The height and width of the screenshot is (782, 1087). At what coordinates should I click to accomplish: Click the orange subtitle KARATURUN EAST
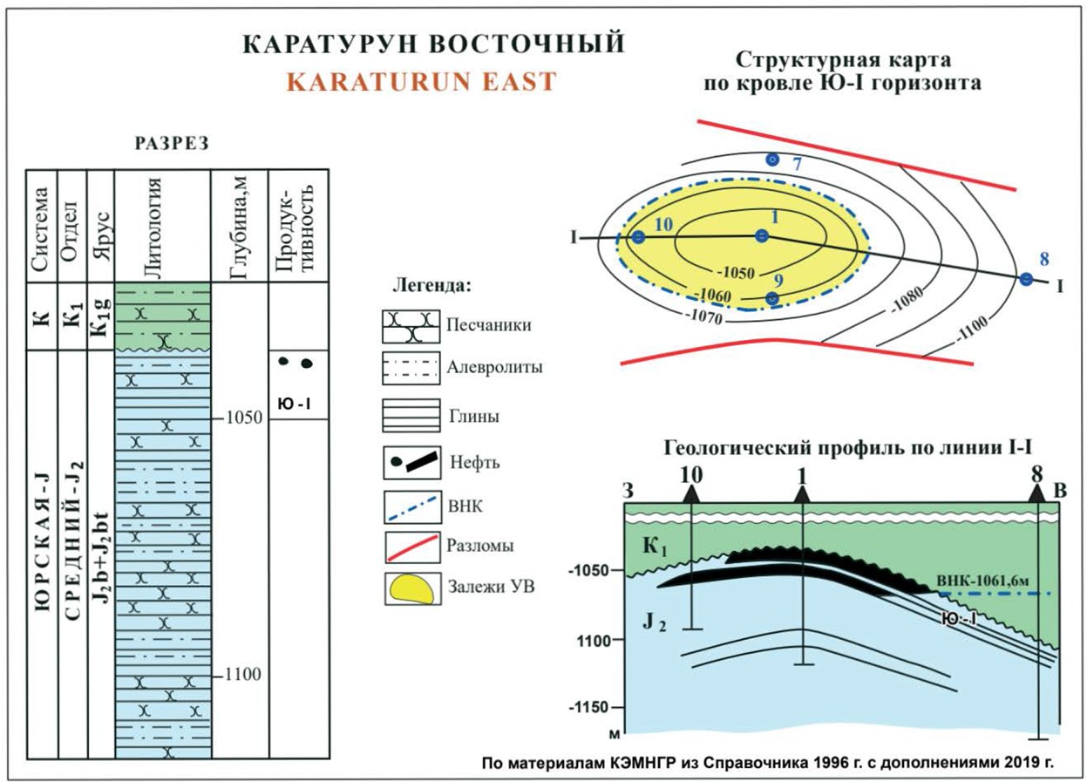pyautogui.click(x=421, y=82)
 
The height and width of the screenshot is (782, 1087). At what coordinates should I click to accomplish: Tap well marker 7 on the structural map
pyautogui.click(x=771, y=160)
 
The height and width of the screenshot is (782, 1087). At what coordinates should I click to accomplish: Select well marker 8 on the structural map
pyautogui.click(x=1026, y=279)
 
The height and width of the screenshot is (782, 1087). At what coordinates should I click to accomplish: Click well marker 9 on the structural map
pyautogui.click(x=771, y=298)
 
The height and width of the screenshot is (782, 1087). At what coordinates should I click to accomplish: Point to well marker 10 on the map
pyautogui.click(x=638, y=237)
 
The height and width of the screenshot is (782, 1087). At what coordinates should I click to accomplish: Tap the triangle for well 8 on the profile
pyautogui.click(x=1036, y=493)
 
